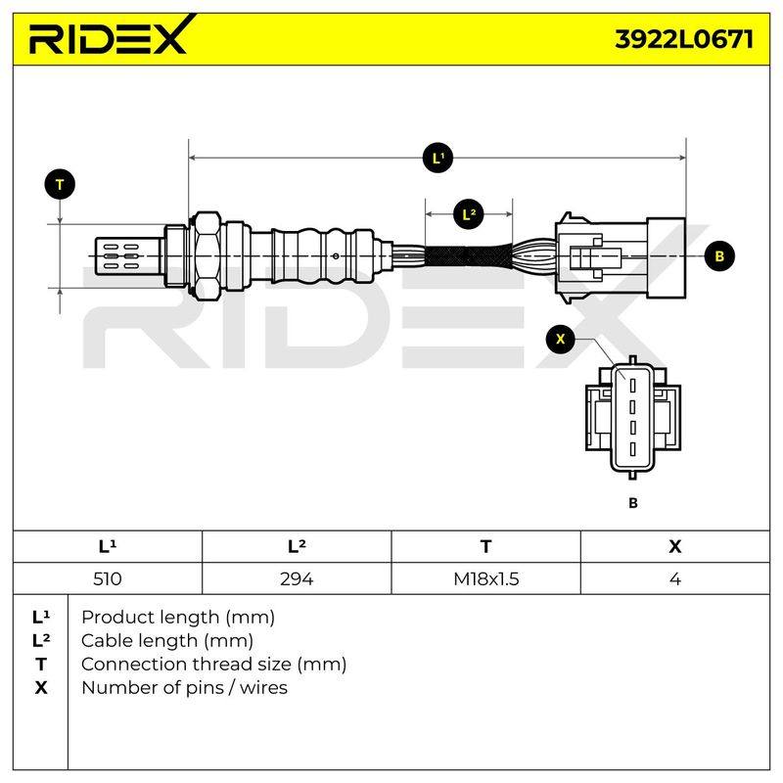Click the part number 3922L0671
pos(683,39)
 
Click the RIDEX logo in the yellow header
pos(112,35)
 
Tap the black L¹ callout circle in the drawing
pos(438,159)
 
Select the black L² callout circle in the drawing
pos(469,214)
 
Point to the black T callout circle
pos(60,185)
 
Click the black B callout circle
pos(719,256)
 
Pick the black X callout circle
pos(560,339)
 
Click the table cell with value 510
pos(108,578)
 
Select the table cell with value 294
pos(297,578)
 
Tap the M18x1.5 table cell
pos(485,578)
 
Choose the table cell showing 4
pos(675,578)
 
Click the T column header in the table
pos(485,547)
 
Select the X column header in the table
pos(675,547)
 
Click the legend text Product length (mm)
pos(178,618)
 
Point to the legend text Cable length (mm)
pos(167,641)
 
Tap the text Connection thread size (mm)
pos(213,665)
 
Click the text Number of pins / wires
pos(184,688)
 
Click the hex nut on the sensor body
pos(207,256)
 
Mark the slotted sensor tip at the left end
pos(128,256)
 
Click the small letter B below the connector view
pos(633,503)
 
